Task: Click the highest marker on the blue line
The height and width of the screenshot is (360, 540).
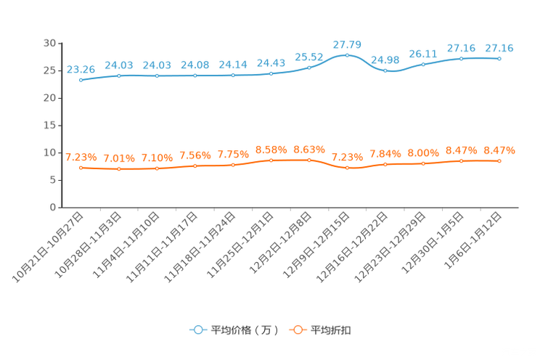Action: [x=347, y=55]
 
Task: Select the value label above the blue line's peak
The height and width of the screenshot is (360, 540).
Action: [x=347, y=44]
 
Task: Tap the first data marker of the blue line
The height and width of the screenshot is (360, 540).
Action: [x=81, y=79]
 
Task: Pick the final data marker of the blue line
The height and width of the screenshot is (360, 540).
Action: [x=499, y=58]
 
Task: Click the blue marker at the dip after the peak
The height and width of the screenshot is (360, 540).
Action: [x=385, y=70]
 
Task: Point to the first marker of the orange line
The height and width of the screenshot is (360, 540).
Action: [x=81, y=167]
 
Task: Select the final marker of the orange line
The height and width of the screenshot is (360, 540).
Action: [x=499, y=160]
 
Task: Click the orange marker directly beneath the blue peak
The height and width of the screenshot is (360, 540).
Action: [x=347, y=168]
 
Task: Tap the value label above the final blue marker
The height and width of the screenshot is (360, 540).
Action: [x=499, y=48]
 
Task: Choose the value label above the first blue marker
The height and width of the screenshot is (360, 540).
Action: [x=81, y=69]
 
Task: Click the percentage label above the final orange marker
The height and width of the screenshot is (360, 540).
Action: [x=499, y=150]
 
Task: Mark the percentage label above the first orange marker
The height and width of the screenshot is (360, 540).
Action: [x=81, y=157]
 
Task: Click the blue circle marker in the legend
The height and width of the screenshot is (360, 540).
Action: [x=197, y=330]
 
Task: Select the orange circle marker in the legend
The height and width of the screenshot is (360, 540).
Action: [x=296, y=330]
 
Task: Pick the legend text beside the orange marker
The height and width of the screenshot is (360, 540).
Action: [x=331, y=330]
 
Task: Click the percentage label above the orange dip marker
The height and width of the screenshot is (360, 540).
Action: [x=347, y=157]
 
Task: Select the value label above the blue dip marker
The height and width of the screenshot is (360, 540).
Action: [x=385, y=60]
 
